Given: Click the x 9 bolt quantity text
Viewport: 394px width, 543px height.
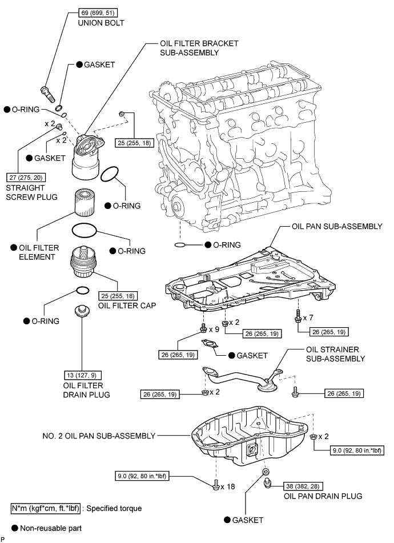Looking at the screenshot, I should (x=214, y=329).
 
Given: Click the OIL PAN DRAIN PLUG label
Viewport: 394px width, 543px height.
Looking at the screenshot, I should (x=323, y=496).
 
